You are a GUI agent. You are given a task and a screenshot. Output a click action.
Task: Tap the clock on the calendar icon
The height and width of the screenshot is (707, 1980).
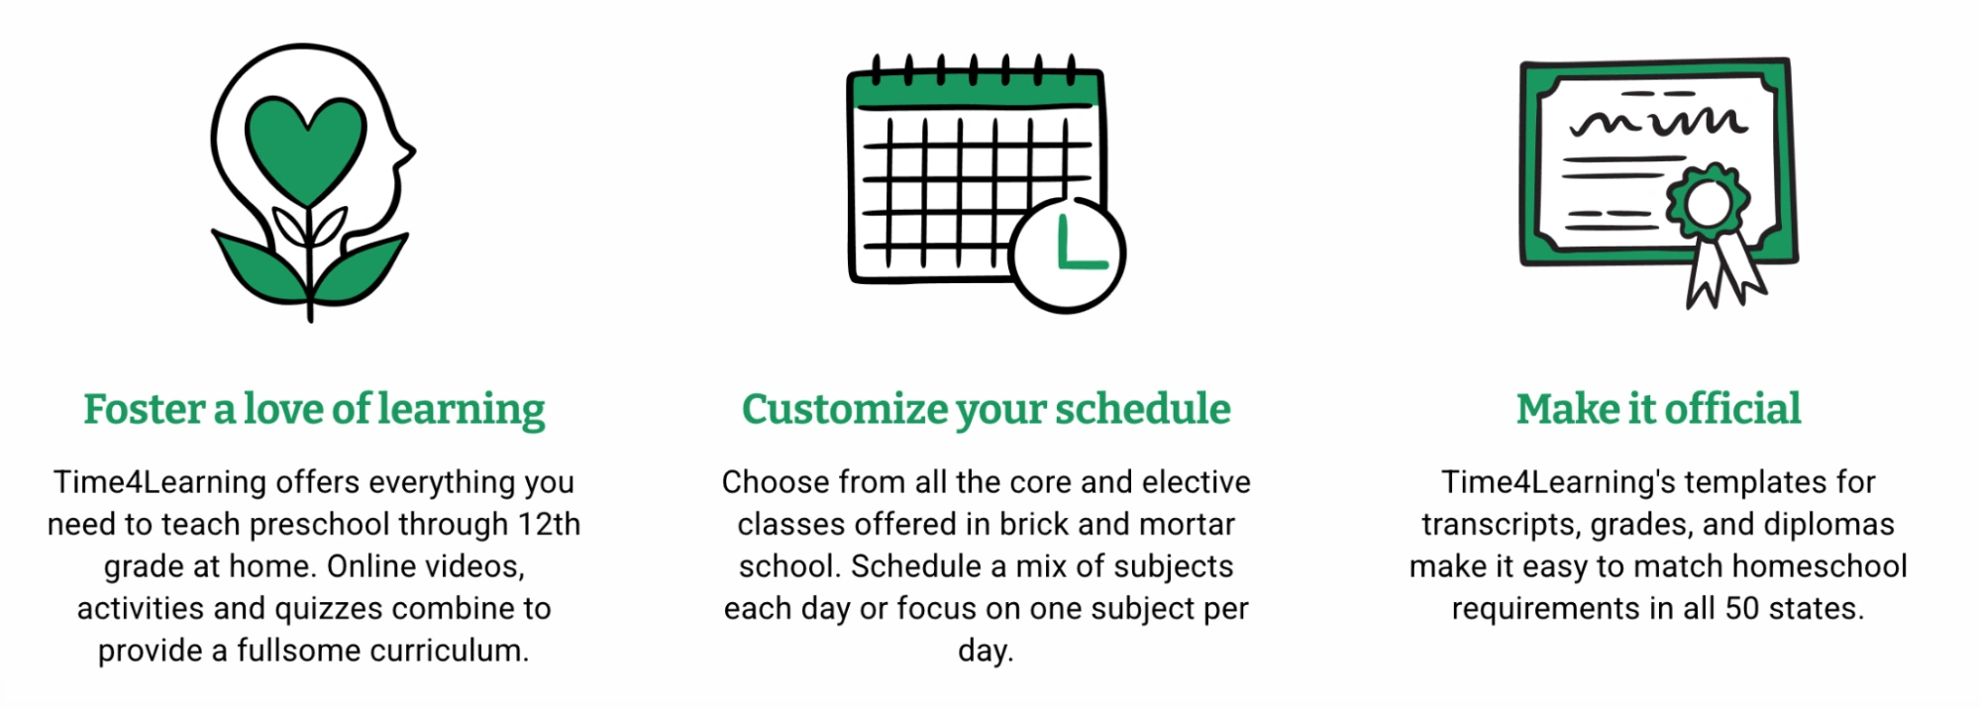(x=1068, y=254)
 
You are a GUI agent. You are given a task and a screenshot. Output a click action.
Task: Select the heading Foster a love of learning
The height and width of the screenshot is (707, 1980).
(x=314, y=409)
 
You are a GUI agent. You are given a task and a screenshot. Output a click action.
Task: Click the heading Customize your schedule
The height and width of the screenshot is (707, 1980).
(x=986, y=409)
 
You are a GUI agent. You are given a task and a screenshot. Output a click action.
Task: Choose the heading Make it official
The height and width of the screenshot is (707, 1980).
(x=1658, y=409)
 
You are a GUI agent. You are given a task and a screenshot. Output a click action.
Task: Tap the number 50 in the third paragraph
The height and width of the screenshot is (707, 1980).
(x=1742, y=608)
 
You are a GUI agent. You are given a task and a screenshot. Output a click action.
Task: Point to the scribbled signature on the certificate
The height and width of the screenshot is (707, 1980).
(x=1658, y=121)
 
